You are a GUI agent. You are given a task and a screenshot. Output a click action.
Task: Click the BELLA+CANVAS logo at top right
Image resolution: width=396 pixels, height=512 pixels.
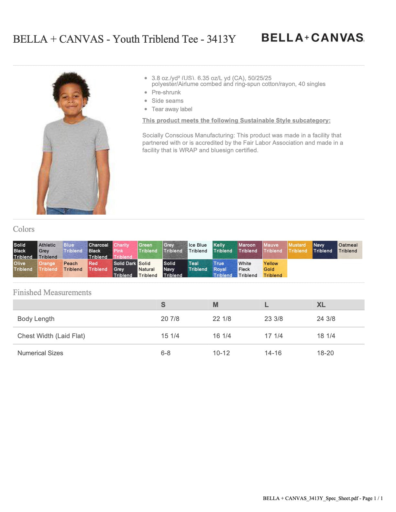tap(313, 38)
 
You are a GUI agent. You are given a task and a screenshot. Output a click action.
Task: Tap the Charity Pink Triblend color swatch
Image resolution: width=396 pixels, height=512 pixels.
tap(125, 250)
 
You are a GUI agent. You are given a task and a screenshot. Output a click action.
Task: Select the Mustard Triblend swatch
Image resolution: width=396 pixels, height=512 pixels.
tap(300, 250)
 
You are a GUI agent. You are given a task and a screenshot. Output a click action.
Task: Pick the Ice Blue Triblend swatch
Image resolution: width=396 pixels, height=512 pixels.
tap(200, 250)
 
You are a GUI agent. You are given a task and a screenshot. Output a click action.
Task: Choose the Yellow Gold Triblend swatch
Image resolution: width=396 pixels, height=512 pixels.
tap(275, 269)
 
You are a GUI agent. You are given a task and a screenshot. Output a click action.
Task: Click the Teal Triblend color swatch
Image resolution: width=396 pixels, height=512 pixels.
tap(200, 269)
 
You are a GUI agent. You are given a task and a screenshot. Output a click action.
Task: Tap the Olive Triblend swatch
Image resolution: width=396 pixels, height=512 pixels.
tap(25, 269)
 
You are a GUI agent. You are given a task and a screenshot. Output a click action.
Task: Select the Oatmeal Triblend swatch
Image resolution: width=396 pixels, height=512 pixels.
tap(350, 250)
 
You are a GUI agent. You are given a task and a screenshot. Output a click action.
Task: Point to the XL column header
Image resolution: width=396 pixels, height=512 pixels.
tap(321, 305)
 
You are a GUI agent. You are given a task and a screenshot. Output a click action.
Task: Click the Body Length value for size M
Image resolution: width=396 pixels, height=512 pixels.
tap(222, 319)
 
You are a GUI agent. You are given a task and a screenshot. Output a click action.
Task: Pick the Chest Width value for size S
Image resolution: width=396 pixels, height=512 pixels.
tap(170, 336)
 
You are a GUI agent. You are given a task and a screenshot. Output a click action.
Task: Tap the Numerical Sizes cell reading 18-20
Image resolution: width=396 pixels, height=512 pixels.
tap(325, 353)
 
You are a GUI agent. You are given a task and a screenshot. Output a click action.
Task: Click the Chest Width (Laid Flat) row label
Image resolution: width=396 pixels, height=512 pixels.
tap(51, 336)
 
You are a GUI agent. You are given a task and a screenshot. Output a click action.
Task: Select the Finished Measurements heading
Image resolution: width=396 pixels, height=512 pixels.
tap(52, 293)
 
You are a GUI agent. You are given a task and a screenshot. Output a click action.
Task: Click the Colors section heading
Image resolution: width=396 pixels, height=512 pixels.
tap(24, 229)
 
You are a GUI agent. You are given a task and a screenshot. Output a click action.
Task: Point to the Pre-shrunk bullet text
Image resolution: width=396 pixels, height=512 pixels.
tap(166, 92)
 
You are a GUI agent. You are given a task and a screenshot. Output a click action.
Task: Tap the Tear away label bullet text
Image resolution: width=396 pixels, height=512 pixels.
tap(172, 109)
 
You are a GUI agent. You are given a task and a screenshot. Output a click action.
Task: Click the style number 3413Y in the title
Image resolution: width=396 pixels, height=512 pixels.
tap(221, 39)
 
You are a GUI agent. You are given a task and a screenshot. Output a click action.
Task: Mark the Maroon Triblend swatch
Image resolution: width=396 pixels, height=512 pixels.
tap(250, 250)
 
